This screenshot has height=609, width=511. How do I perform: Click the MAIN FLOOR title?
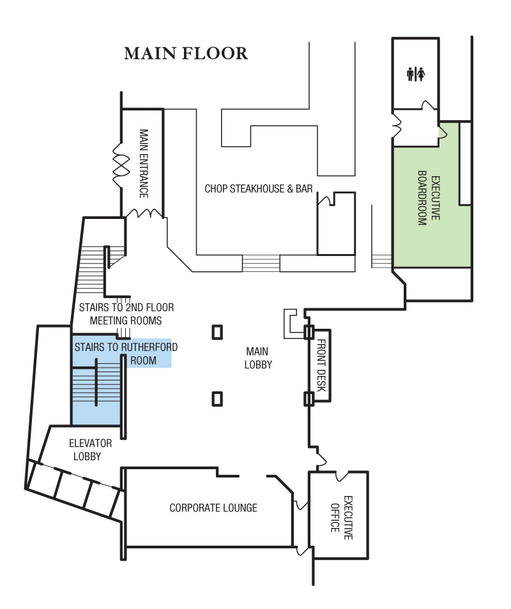(x=186, y=54)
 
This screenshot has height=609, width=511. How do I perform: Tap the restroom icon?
(x=416, y=75)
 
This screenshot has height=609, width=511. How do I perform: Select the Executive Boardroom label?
(x=429, y=200)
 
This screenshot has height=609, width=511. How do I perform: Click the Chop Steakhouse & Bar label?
(x=258, y=189)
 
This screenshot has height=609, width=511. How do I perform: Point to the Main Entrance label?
(x=144, y=163)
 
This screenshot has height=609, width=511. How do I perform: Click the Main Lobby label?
(x=258, y=358)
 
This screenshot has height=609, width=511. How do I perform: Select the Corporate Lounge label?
(x=213, y=508)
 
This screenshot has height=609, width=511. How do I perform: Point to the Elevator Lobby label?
(x=91, y=449)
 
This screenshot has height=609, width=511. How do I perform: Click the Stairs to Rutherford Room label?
(x=126, y=354)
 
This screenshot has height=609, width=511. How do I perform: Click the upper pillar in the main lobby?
(x=217, y=332)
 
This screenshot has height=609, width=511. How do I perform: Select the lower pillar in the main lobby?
(x=217, y=399)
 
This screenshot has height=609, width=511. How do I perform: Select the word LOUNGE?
(x=239, y=508)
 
